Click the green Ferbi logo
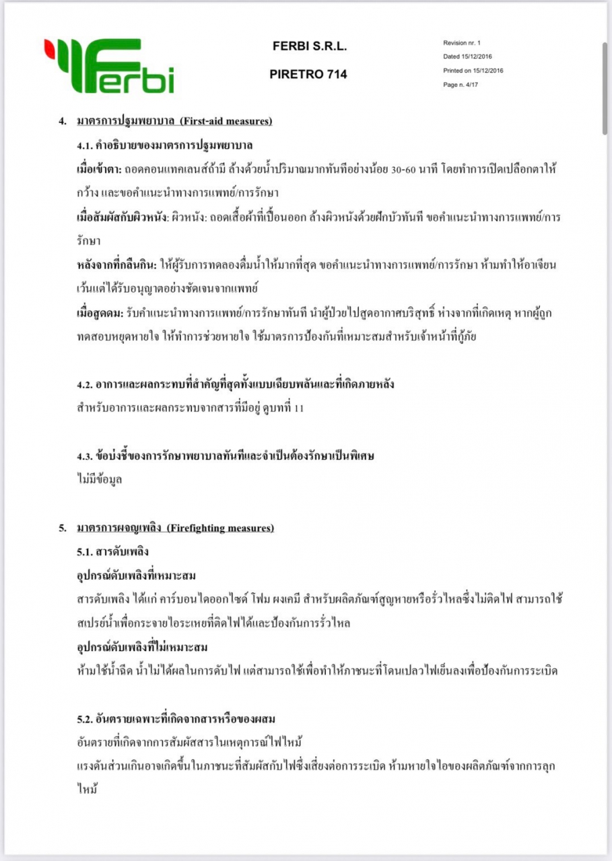click(x=109, y=65)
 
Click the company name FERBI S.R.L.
click(x=309, y=46)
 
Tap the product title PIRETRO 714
click(x=308, y=75)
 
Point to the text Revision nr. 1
click(x=462, y=42)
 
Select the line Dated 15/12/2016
click(x=467, y=57)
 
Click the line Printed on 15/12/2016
click(x=473, y=71)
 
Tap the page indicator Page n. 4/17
click(x=461, y=85)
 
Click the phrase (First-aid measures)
click(x=226, y=121)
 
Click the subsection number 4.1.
click(x=85, y=145)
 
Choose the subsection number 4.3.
click(x=85, y=456)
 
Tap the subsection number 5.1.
click(x=85, y=552)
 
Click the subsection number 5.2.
click(x=85, y=720)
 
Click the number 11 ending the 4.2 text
click(x=298, y=408)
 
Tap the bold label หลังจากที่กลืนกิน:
click(x=116, y=265)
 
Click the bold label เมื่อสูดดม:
click(x=100, y=313)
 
